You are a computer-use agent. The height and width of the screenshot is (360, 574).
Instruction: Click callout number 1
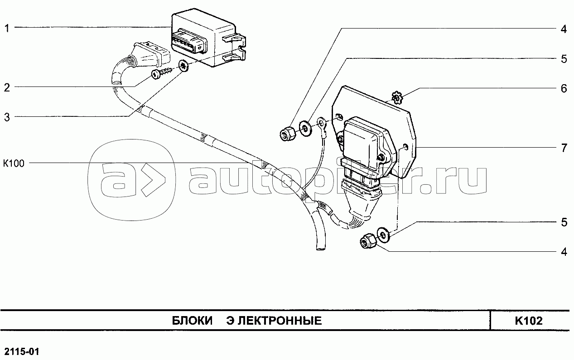pyautogui.click(x=7, y=28)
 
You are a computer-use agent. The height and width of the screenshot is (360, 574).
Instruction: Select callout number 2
pyautogui.click(x=7, y=87)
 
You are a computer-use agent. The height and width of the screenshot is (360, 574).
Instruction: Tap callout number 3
pyautogui.click(x=7, y=117)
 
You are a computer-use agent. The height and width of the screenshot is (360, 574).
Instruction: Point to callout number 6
pyautogui.click(x=564, y=89)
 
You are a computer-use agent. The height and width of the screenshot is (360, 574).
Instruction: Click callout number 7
pyautogui.click(x=564, y=148)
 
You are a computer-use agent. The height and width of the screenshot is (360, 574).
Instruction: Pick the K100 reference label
pyautogui.click(x=14, y=163)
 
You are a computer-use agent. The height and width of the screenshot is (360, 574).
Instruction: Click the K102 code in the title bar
pyautogui.click(x=529, y=321)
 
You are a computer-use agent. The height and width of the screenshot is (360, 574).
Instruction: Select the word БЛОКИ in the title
pyautogui.click(x=192, y=321)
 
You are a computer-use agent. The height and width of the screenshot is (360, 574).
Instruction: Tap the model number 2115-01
pyautogui.click(x=22, y=352)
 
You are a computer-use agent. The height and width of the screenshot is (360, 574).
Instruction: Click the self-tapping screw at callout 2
pyautogui.click(x=163, y=73)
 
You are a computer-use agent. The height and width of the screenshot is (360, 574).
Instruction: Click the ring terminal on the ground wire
pyautogui.click(x=322, y=126)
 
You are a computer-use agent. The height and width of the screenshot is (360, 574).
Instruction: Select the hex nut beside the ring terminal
pyautogui.click(x=287, y=134)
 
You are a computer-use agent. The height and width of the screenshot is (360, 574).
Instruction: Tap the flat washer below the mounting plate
pyautogui.click(x=383, y=234)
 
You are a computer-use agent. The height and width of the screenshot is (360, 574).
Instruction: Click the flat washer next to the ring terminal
pyautogui.click(x=305, y=129)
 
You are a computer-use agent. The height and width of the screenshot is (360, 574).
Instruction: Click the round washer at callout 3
pyautogui.click(x=183, y=66)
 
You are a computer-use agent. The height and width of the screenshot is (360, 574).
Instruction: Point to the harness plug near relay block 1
pyautogui.click(x=151, y=56)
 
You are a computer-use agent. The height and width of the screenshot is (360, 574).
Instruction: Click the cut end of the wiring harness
pyautogui.click(x=320, y=247)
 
